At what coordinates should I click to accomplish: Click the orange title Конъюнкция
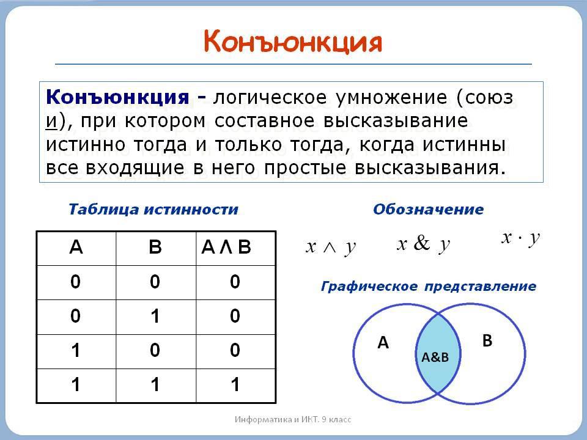click(x=293, y=42)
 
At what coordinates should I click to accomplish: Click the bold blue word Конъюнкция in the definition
click(x=117, y=97)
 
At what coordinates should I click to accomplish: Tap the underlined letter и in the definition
click(x=51, y=121)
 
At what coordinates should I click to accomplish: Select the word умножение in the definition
click(x=391, y=98)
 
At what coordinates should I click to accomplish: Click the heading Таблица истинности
click(x=153, y=209)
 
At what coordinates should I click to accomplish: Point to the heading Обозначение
click(x=428, y=209)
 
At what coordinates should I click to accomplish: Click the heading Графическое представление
click(x=429, y=287)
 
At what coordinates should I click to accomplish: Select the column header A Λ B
click(x=226, y=247)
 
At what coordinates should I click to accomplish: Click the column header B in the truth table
click(x=155, y=247)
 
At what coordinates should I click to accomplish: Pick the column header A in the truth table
click(x=76, y=247)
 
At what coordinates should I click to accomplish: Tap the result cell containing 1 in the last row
click(x=235, y=384)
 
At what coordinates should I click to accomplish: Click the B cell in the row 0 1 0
click(x=155, y=316)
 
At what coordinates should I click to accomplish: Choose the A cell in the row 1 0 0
click(x=76, y=351)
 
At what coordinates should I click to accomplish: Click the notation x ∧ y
click(x=331, y=248)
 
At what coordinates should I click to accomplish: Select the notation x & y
click(x=423, y=244)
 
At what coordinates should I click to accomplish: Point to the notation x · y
click(x=521, y=238)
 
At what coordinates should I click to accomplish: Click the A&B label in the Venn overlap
click(x=435, y=358)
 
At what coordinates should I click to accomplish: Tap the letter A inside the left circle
click(x=383, y=343)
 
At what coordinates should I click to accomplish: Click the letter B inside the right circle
click(x=487, y=340)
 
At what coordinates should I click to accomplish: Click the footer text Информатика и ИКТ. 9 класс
click(x=293, y=419)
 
